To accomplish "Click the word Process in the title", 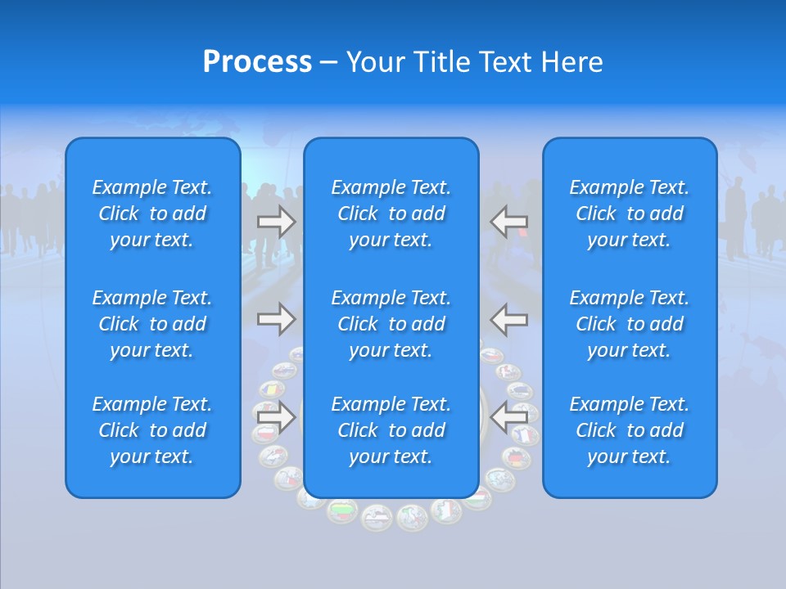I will (257, 62).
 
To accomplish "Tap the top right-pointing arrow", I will (277, 222).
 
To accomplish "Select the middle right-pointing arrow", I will (277, 318).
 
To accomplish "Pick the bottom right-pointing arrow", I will (277, 416).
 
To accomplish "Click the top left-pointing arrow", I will (509, 222).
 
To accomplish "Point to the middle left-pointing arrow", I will (509, 318).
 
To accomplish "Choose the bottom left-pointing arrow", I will (509, 416).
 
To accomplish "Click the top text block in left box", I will (152, 214).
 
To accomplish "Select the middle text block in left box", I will (152, 324).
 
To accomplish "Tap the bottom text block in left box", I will (152, 430).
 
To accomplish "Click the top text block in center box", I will (391, 214).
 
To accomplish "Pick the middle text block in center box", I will (391, 324).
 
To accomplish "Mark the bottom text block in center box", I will (391, 430).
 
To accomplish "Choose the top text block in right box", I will (629, 214).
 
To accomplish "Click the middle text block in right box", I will (629, 324).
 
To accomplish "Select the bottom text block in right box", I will (629, 430).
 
